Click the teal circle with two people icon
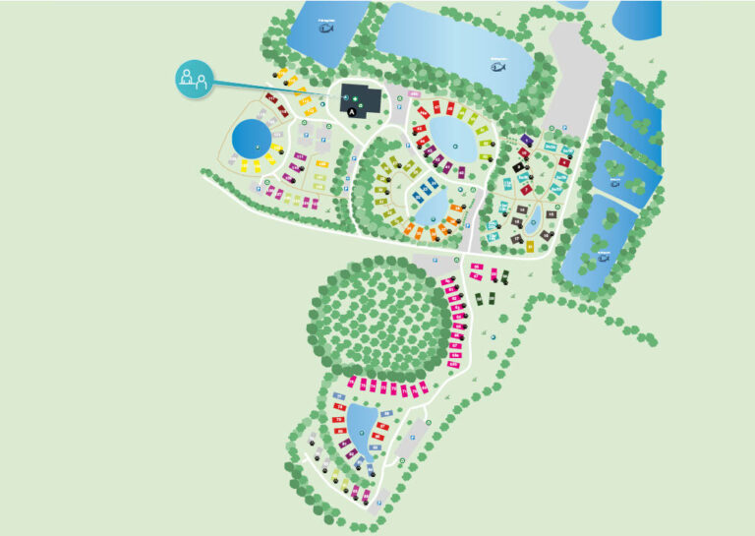click(193, 79)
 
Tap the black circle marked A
click(352, 112)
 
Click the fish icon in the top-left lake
click(325, 27)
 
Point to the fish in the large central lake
click(498, 67)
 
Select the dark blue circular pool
click(252, 139)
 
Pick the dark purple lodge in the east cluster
click(525, 141)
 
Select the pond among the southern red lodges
click(361, 429)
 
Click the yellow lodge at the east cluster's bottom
click(533, 243)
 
